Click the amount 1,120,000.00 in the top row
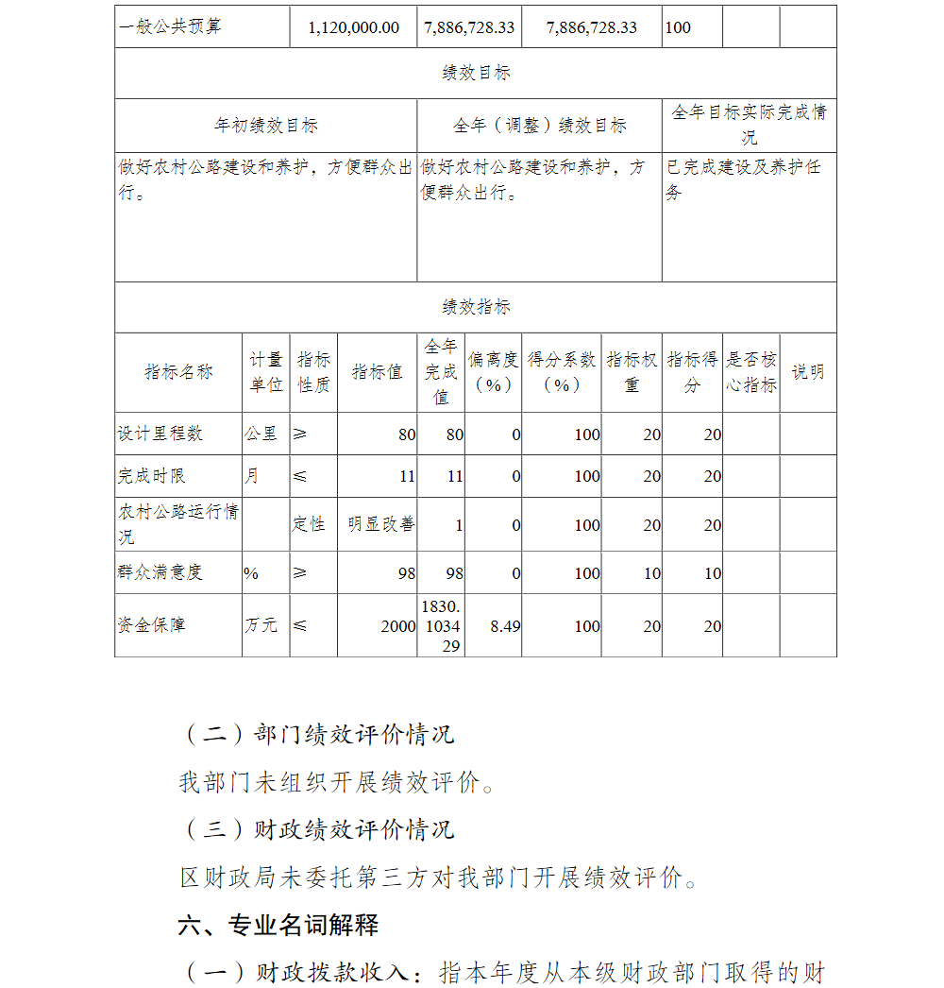(354, 27)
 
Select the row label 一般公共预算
(171, 27)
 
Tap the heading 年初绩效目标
(266, 125)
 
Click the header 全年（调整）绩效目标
(539, 125)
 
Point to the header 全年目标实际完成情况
(749, 124)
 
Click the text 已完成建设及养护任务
(743, 179)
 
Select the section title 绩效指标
(476, 307)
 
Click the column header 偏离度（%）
(493, 372)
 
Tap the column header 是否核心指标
(751, 372)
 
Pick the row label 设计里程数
(160, 434)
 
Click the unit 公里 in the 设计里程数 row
(261, 434)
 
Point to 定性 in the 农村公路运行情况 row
(309, 524)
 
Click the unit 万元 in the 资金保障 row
(261, 625)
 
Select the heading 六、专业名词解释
(278, 925)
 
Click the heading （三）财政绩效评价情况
(317, 829)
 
